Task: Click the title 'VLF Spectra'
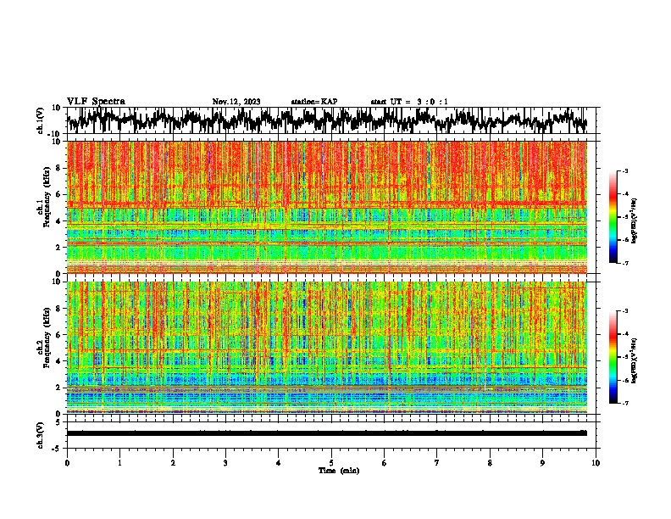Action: [96, 101]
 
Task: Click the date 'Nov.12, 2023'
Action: [236, 102]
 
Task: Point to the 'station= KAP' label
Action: [314, 102]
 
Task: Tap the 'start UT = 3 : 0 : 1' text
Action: [409, 102]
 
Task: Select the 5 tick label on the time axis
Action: [332, 462]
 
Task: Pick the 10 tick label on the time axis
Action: [596, 462]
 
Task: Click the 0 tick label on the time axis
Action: [67, 462]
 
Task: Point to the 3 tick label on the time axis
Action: [226, 462]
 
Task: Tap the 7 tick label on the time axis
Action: [438, 462]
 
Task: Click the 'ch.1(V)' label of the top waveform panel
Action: [41, 120]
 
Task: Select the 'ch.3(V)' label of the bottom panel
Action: [41, 433]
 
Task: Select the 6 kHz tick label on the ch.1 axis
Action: [58, 194]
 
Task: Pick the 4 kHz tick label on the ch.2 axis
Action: [58, 361]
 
